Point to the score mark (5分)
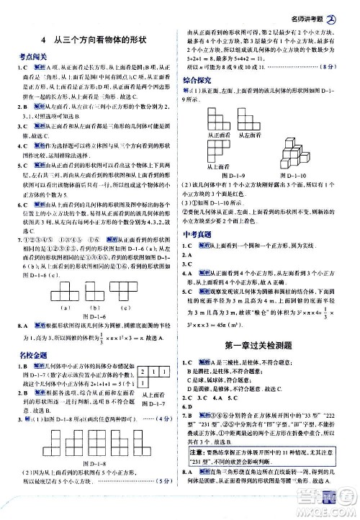coord(161,494)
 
